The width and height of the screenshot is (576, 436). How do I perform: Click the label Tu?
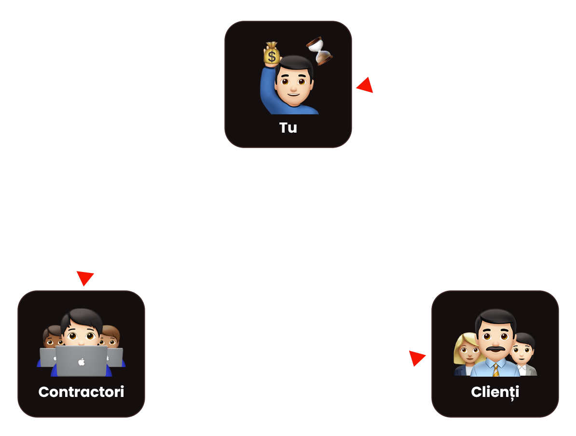(x=288, y=128)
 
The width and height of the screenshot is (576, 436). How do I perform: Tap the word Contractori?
(x=81, y=392)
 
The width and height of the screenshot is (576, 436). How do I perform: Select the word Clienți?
(x=495, y=392)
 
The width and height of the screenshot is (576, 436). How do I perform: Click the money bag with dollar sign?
(x=272, y=54)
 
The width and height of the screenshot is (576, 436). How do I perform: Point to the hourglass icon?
(x=320, y=51)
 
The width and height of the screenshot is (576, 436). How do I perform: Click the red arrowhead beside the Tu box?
(x=365, y=85)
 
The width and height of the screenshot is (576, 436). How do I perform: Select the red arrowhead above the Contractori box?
(x=85, y=277)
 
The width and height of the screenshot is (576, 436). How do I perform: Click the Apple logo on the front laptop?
(x=81, y=361)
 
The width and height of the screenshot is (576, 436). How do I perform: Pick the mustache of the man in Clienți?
(x=495, y=348)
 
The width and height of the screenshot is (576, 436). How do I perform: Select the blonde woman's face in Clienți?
(x=467, y=350)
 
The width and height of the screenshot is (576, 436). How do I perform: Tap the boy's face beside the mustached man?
(x=523, y=353)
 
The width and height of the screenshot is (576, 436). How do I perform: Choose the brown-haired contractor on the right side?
(x=111, y=338)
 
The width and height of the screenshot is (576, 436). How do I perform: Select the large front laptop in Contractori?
(x=81, y=361)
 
